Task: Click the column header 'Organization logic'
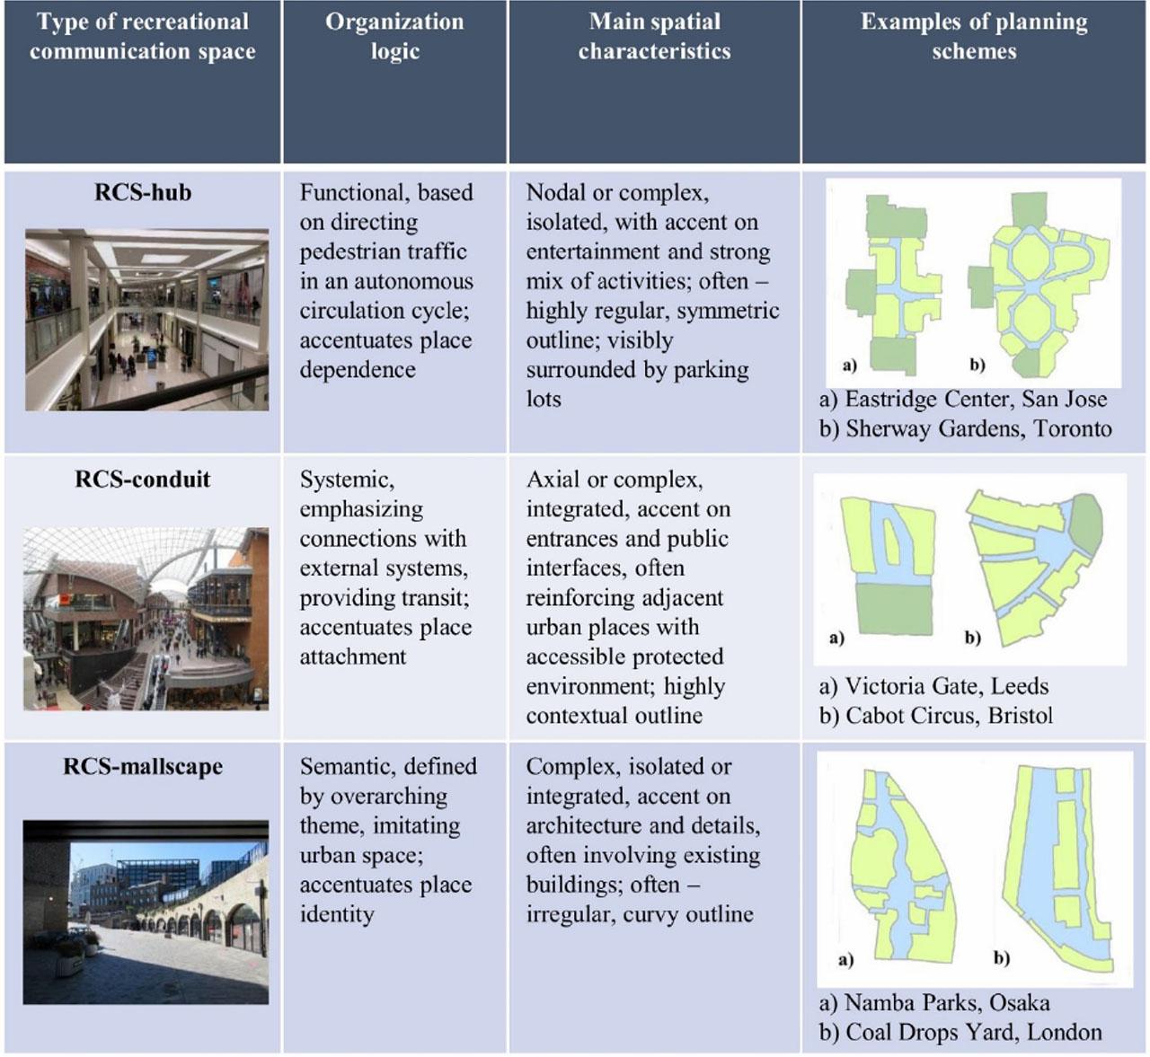[x=394, y=36]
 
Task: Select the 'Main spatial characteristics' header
[x=654, y=36]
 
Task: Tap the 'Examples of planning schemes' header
[x=974, y=36]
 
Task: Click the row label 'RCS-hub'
[x=143, y=192]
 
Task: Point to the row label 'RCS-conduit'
[x=143, y=479]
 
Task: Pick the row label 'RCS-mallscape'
[x=143, y=766]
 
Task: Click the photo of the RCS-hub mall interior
[x=146, y=320]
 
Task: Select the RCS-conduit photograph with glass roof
[x=146, y=619]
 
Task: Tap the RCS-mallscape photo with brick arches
[x=146, y=912]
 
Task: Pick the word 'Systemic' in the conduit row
[x=346, y=480]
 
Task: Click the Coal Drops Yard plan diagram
[x=1059, y=867]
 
